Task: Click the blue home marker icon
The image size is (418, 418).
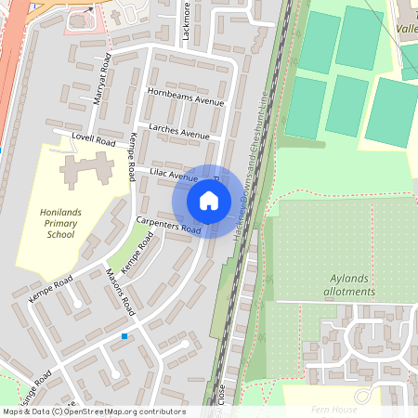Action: click(x=209, y=201)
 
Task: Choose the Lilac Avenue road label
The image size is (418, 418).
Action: click(x=174, y=176)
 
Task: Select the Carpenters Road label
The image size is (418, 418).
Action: click(x=168, y=224)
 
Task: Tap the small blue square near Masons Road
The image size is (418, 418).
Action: click(x=124, y=335)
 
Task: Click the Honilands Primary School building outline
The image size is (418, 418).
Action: click(x=89, y=172)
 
